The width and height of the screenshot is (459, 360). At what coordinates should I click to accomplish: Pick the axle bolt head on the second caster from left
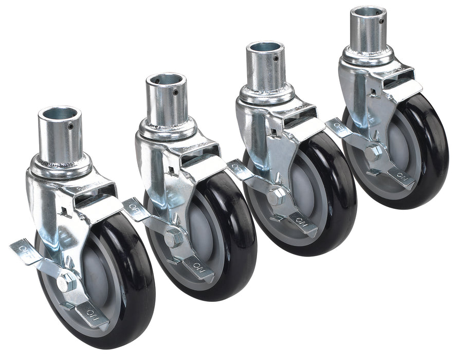(174, 238)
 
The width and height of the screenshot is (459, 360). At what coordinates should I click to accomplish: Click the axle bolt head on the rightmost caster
(374, 153)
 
